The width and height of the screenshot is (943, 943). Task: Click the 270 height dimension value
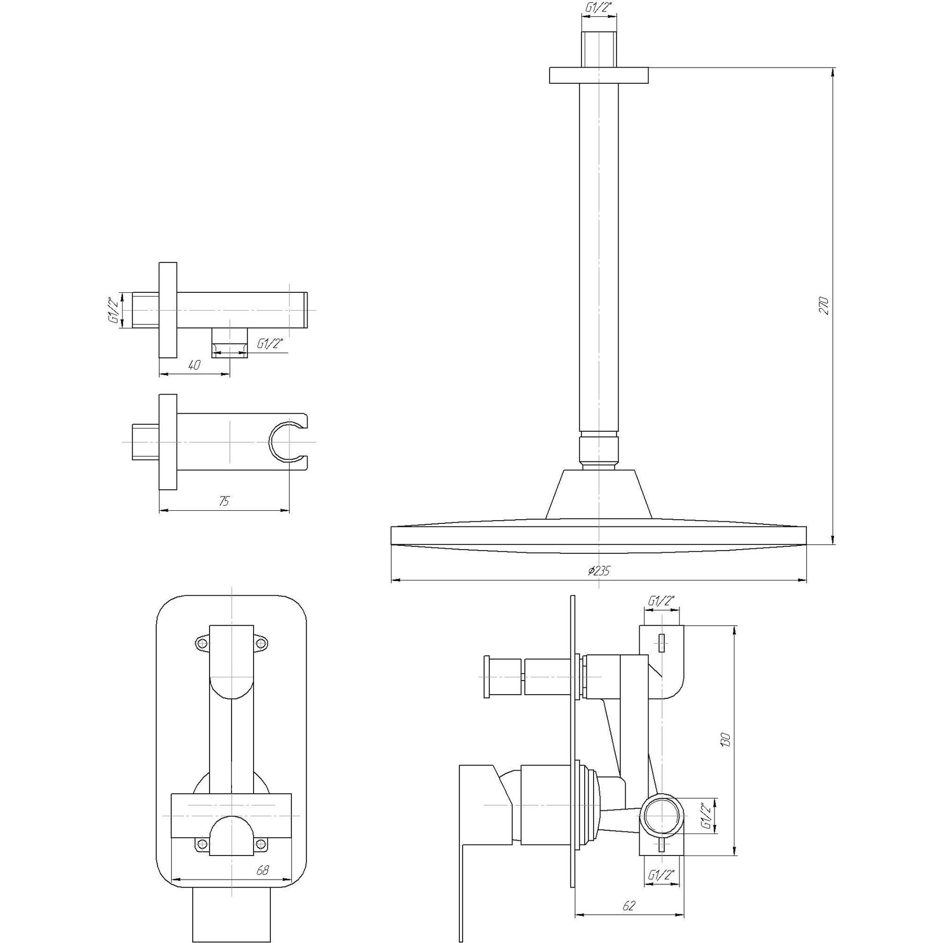pos(824,305)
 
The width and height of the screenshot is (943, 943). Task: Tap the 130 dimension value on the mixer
pos(726,740)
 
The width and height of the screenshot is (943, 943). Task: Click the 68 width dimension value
pos(262,870)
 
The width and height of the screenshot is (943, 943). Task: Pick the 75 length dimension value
pos(224,501)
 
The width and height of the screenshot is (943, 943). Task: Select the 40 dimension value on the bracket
pos(194,365)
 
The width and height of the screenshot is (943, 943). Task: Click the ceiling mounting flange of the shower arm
pos(598,75)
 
